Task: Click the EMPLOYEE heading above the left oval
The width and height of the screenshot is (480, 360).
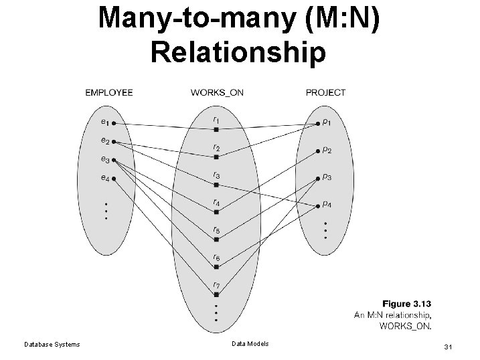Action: coord(108,92)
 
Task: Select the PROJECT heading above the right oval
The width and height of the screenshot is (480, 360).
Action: coord(325,92)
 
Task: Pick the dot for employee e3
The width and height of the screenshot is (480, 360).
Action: coord(115,161)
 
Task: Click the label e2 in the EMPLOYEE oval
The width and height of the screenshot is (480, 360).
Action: coord(105,141)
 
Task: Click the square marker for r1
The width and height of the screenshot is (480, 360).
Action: coord(216,129)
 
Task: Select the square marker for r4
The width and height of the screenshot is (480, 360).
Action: coord(216,212)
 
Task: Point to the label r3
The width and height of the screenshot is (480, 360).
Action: coord(216,175)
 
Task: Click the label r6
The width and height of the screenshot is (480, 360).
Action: coord(216,257)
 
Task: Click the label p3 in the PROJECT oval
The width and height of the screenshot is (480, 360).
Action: coord(326,177)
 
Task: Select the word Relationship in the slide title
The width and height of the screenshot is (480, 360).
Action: coord(240,52)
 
